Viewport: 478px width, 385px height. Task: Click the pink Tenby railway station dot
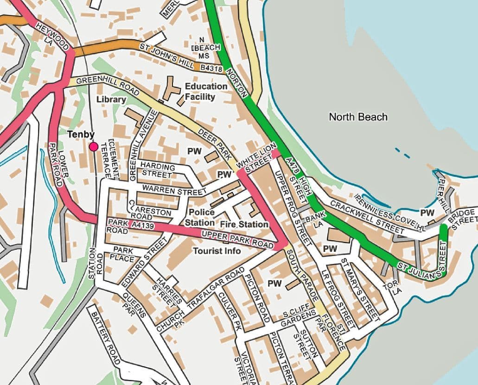click(x=94, y=147)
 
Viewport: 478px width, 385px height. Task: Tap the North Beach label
click(x=358, y=116)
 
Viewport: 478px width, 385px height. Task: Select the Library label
click(x=111, y=99)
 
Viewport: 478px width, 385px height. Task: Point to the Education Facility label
click(x=206, y=91)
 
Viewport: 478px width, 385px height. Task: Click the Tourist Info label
click(x=217, y=251)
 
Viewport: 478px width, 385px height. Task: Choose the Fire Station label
click(x=244, y=224)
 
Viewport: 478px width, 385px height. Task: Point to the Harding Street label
click(x=158, y=170)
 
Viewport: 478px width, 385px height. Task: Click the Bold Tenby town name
click(x=81, y=135)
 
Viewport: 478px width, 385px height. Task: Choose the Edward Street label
click(x=144, y=262)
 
